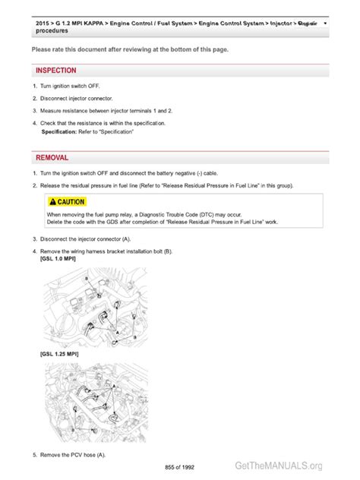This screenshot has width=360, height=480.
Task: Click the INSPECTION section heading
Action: point(55,71)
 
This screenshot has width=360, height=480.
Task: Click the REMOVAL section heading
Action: point(52,157)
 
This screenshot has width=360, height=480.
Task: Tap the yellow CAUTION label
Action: point(66,202)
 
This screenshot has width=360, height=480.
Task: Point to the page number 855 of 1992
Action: point(180,466)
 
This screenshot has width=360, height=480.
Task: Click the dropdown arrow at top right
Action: point(326,24)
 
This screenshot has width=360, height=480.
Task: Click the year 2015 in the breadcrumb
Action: point(43,24)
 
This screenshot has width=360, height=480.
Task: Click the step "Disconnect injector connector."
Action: point(76,99)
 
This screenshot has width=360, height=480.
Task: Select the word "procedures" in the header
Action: point(51,31)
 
